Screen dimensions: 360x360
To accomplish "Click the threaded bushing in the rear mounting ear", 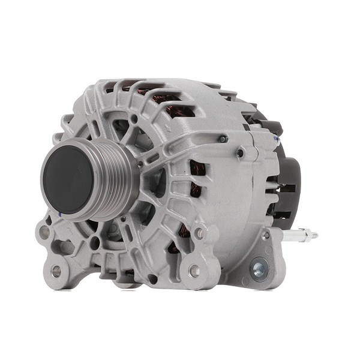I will pos(260,268).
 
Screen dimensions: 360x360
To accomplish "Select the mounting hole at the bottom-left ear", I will pos(56,271).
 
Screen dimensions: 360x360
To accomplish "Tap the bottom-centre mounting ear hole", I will pos(194,271).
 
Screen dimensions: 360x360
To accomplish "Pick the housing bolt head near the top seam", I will pos(223,139).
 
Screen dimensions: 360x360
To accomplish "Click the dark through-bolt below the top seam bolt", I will pos(240,153).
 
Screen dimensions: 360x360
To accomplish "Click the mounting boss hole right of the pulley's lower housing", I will pos(199,232).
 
